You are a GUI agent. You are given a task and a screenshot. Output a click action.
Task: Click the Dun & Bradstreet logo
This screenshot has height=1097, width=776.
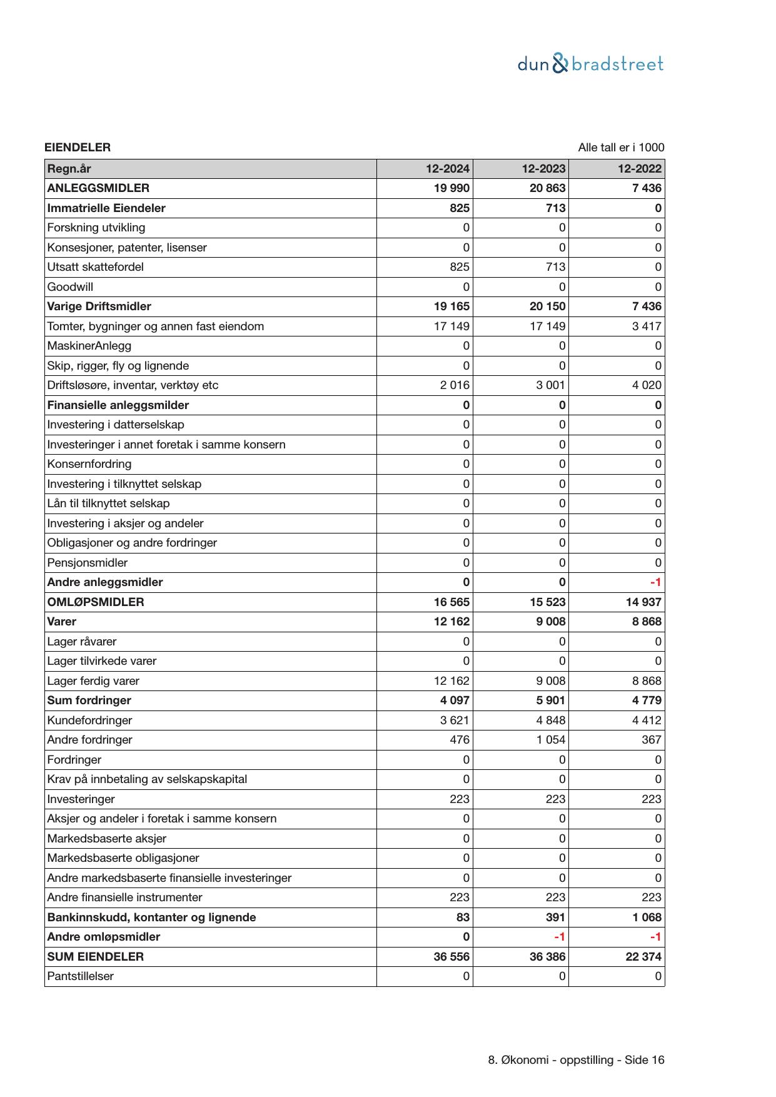[590, 64]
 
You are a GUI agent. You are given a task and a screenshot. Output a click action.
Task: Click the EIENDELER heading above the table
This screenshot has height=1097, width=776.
[78, 148]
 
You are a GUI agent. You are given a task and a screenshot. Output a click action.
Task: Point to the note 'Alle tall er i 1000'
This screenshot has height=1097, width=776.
[621, 148]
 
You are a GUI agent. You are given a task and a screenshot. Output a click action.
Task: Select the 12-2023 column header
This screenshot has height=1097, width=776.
[543, 169]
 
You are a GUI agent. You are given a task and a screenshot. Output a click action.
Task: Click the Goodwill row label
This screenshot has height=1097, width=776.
[70, 287]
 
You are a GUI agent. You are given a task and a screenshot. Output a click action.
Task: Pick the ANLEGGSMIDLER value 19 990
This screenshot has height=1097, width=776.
[451, 188]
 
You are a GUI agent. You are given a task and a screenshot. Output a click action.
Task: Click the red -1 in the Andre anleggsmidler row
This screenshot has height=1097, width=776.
[655, 582]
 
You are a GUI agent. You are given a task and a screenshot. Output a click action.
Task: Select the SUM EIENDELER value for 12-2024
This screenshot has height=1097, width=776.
[451, 957]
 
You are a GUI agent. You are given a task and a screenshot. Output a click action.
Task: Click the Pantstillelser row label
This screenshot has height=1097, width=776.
[81, 976]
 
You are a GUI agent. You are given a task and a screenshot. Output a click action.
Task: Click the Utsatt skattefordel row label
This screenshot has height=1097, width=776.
[96, 267]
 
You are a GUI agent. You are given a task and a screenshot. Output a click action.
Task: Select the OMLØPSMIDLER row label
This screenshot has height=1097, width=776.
[96, 602]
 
